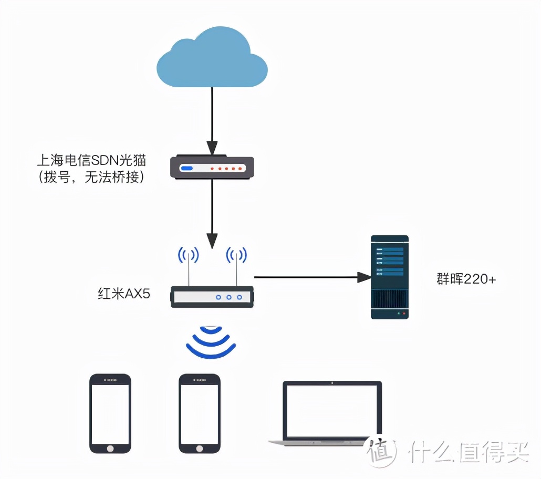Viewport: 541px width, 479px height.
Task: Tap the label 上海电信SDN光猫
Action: [x=91, y=160]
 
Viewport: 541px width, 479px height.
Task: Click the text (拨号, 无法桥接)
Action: [x=90, y=178]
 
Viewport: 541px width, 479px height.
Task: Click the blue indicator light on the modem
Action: [x=187, y=169]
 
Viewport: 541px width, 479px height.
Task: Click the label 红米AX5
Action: [x=124, y=294]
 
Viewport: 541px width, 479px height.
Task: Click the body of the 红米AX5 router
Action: [x=212, y=297]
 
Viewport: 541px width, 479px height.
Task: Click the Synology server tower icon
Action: [x=389, y=277]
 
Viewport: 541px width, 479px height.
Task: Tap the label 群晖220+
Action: [x=466, y=279]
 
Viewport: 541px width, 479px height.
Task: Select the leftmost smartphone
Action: [x=110, y=413]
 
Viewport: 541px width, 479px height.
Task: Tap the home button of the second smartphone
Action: [x=199, y=449]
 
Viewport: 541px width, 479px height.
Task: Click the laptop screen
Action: [x=332, y=410]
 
